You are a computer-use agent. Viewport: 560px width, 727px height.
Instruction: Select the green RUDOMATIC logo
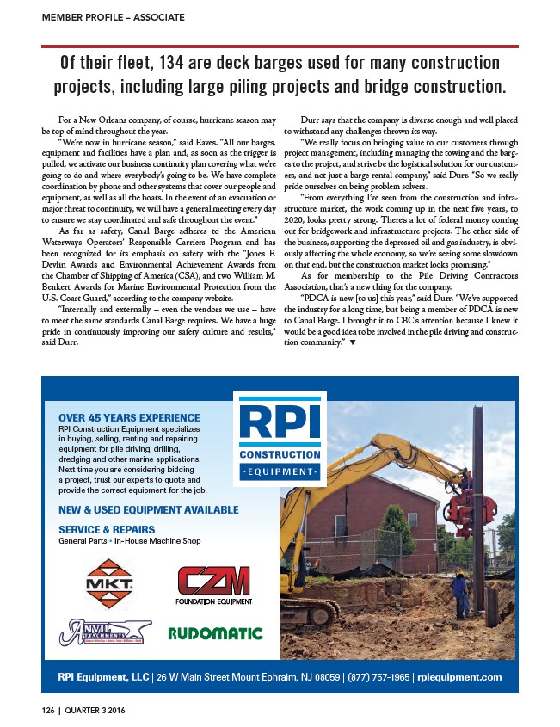coord(214,634)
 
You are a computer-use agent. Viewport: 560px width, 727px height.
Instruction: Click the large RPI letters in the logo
coord(280,422)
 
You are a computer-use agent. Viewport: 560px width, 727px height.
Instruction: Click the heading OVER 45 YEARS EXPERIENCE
coord(129,417)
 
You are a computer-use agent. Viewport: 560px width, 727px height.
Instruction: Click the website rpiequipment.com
coord(461,677)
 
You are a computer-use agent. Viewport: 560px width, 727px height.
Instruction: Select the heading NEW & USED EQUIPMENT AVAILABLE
coord(149,509)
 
